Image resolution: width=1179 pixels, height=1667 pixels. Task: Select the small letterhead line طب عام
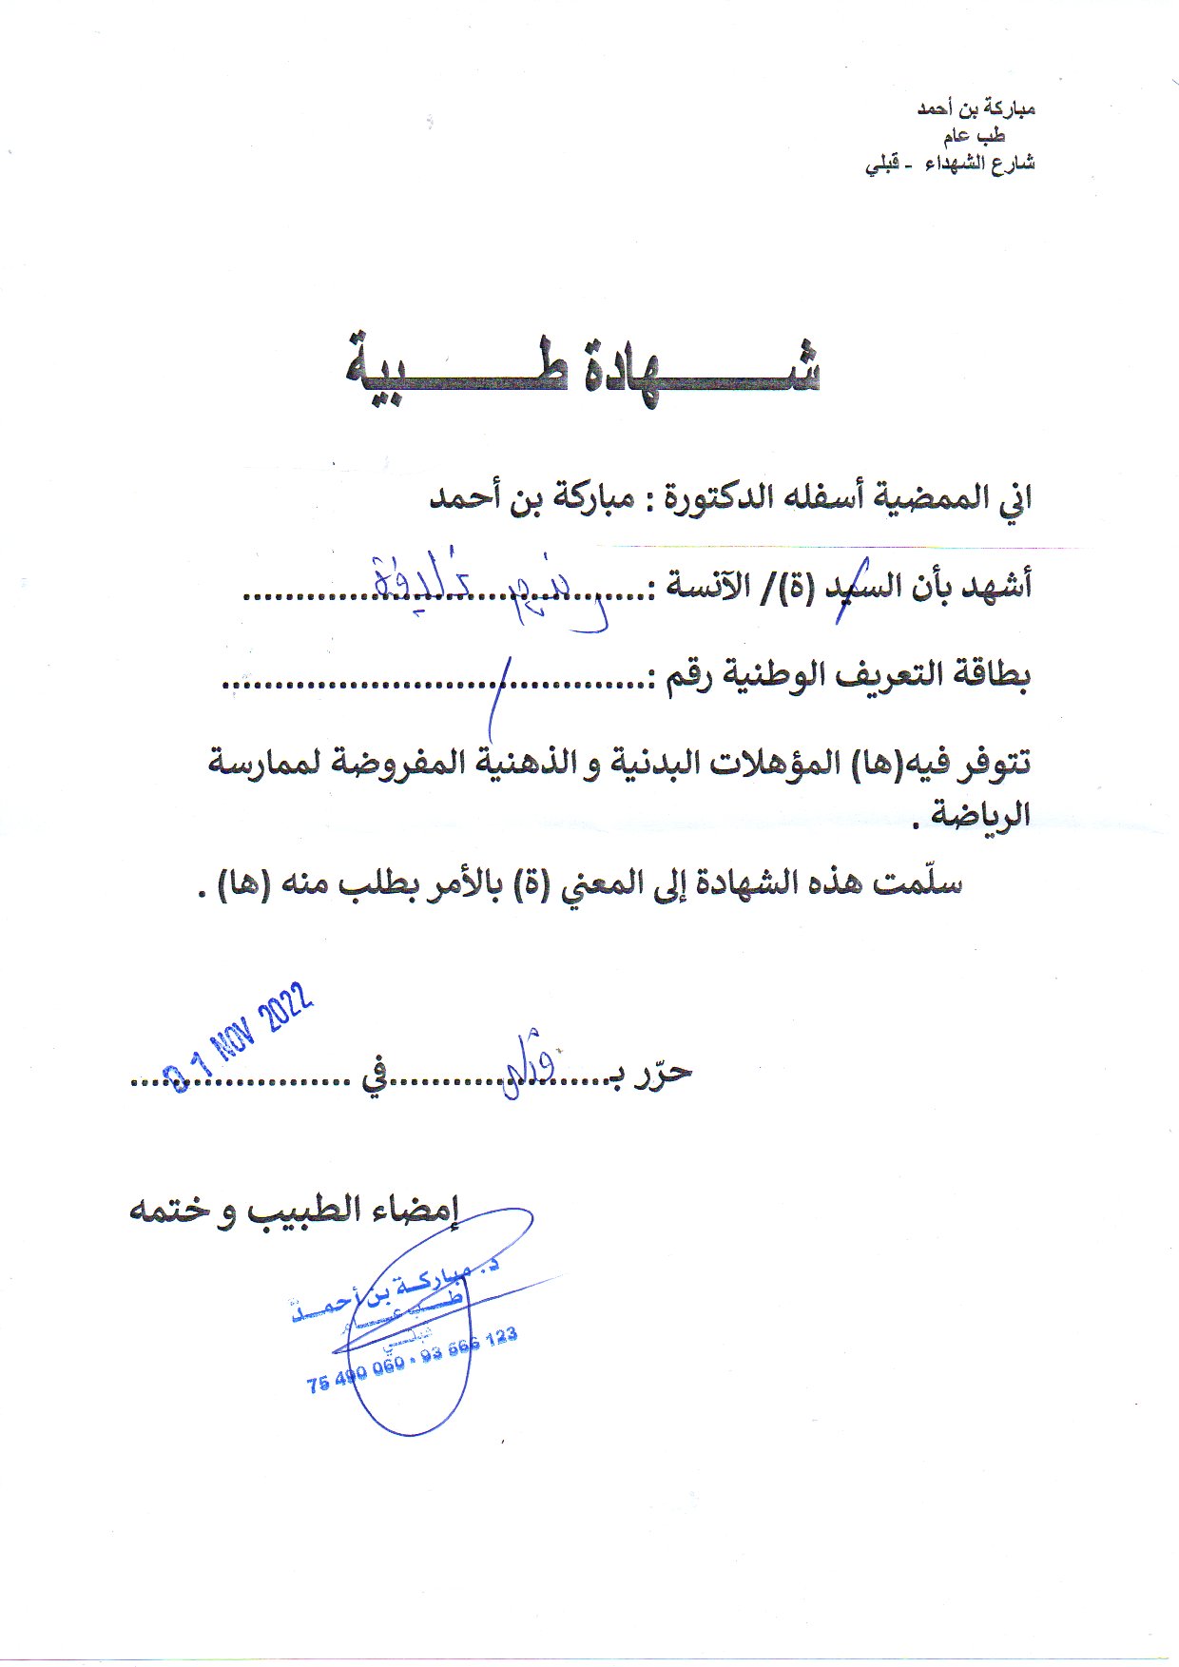pyautogui.click(x=998, y=136)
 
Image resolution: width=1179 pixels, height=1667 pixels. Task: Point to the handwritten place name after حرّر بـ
pyautogui.click(x=528, y=1060)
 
